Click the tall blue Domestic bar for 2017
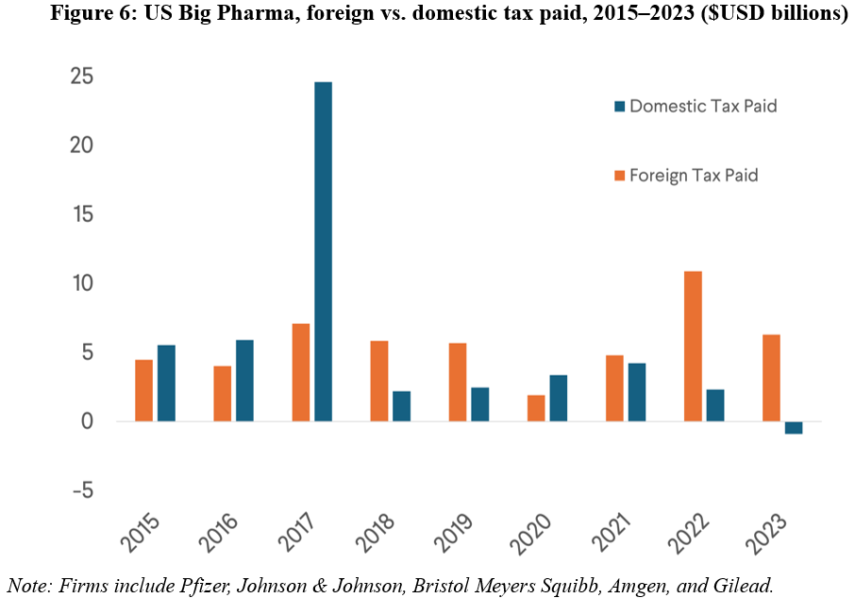(x=323, y=251)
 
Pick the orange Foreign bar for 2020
(x=536, y=408)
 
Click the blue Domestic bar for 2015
(x=166, y=383)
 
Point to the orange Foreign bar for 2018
(x=379, y=381)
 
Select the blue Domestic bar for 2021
(x=637, y=392)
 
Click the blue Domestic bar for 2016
(x=244, y=381)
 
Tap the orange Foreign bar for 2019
(x=458, y=382)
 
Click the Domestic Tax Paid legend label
(x=703, y=106)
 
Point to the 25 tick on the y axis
(x=81, y=77)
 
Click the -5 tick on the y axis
(x=81, y=490)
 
